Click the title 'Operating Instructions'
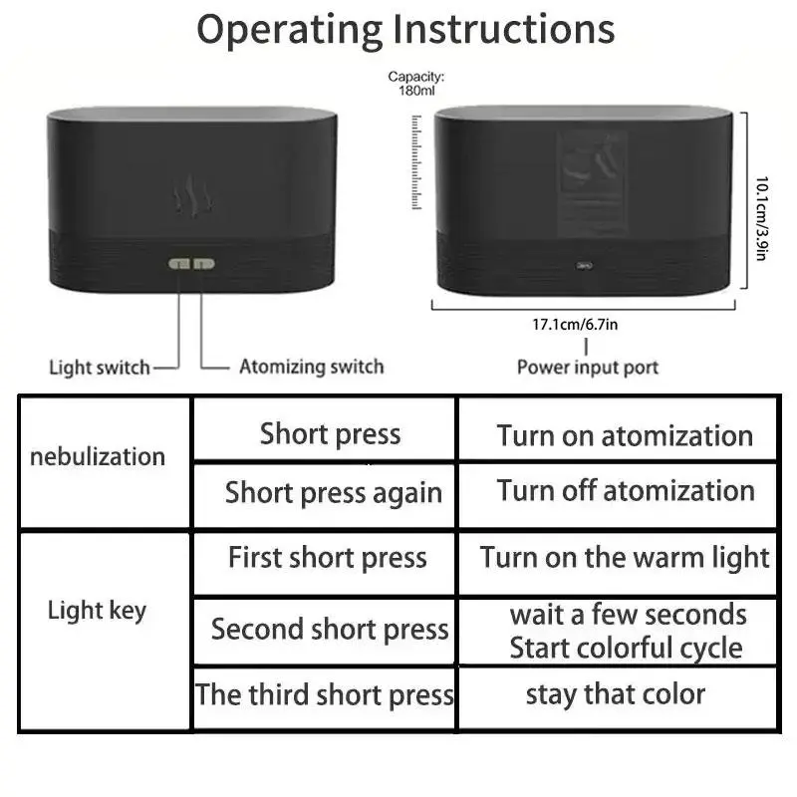404,30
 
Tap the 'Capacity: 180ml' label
416,84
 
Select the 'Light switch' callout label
100,368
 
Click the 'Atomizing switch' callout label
311,367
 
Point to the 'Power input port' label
587,368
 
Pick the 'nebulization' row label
98,457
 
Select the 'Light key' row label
97,611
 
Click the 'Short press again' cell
333,492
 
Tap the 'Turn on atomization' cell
625,435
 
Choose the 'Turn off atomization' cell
625,490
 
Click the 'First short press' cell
327,557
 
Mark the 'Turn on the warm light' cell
625,557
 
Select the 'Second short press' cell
330,630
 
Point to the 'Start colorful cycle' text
626,649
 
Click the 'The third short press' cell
325,694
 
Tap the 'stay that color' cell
615,693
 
